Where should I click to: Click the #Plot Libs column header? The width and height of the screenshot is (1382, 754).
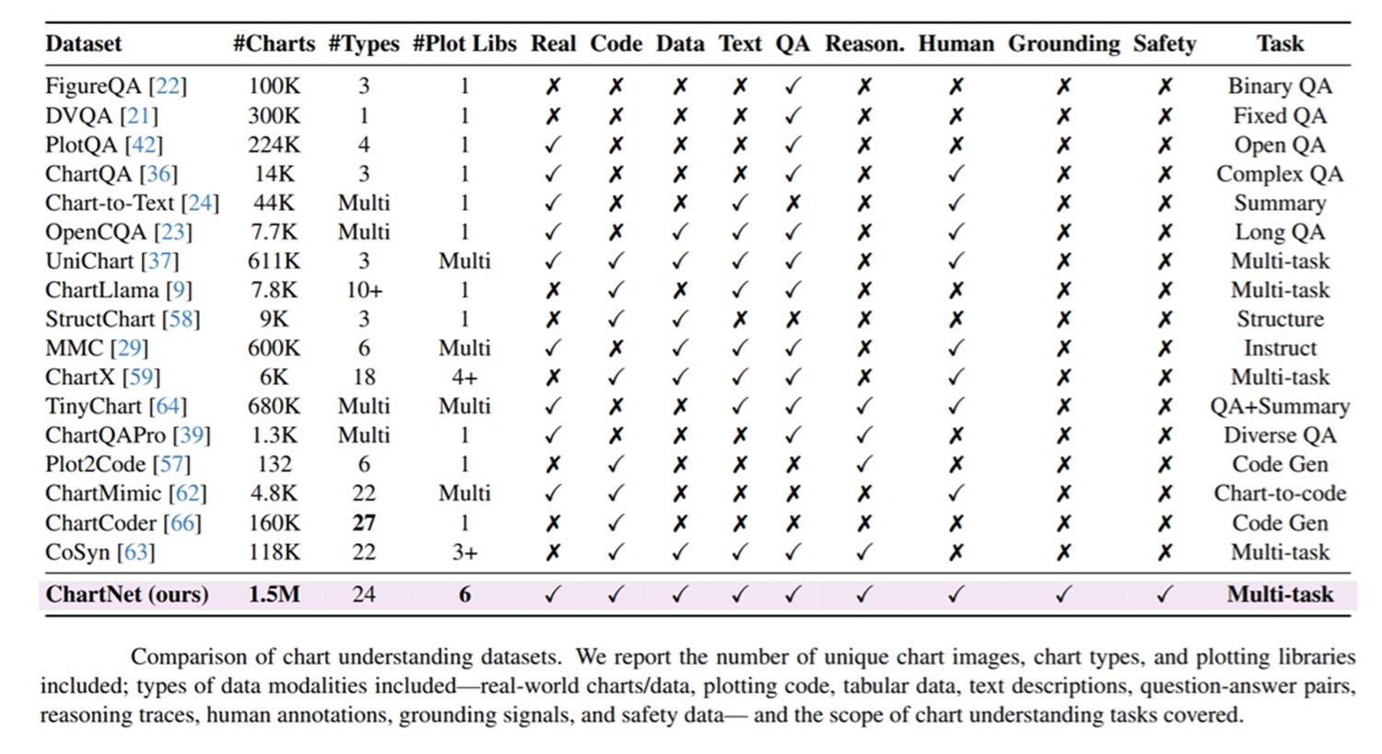(x=464, y=44)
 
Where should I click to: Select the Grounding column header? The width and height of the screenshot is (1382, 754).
(x=1063, y=44)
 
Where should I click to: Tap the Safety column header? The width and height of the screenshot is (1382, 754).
(x=1165, y=44)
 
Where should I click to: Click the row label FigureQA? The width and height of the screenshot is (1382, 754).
(x=93, y=87)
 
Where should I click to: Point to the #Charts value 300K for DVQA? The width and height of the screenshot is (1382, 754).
(x=274, y=115)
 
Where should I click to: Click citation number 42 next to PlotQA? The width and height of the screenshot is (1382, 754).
(x=144, y=145)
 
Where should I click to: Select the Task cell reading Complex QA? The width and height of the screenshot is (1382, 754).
(x=1280, y=174)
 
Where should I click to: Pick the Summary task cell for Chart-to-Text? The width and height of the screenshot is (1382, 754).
(x=1280, y=203)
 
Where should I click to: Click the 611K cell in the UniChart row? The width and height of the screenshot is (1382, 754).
(x=274, y=261)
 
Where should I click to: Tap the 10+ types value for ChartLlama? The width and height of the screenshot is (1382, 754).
(x=364, y=290)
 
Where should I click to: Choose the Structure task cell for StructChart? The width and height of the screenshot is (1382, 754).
(x=1280, y=319)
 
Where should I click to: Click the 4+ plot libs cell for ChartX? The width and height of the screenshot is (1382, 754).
(x=464, y=377)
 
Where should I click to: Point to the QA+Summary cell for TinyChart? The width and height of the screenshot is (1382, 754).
(x=1280, y=406)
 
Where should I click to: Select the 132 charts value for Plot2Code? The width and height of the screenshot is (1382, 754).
(x=274, y=464)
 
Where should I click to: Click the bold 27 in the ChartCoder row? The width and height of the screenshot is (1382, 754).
(x=364, y=523)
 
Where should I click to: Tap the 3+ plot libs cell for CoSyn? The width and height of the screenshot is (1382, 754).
(x=464, y=551)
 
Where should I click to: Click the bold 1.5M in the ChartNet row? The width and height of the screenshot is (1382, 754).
(x=274, y=595)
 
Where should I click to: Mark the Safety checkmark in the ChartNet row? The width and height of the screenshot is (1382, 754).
(x=1165, y=595)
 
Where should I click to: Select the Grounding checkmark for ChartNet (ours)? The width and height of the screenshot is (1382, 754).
(x=1063, y=595)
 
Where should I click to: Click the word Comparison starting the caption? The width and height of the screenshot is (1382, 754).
(x=189, y=657)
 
